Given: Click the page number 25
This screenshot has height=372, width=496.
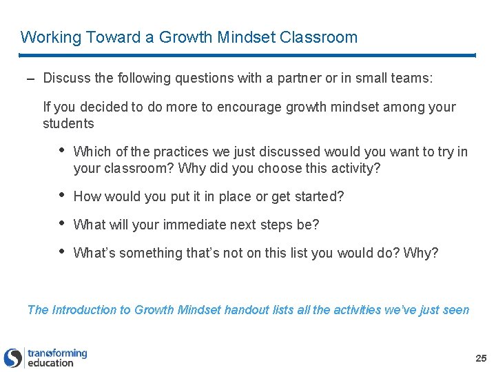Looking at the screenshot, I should click(x=481, y=358).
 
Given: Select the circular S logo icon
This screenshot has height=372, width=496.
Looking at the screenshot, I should click(x=12, y=358).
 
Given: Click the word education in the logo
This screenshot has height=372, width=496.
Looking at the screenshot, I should click(x=50, y=363).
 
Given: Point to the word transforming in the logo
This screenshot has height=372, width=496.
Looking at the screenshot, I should click(x=57, y=353).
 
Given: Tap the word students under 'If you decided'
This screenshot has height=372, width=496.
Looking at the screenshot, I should click(x=68, y=124).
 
